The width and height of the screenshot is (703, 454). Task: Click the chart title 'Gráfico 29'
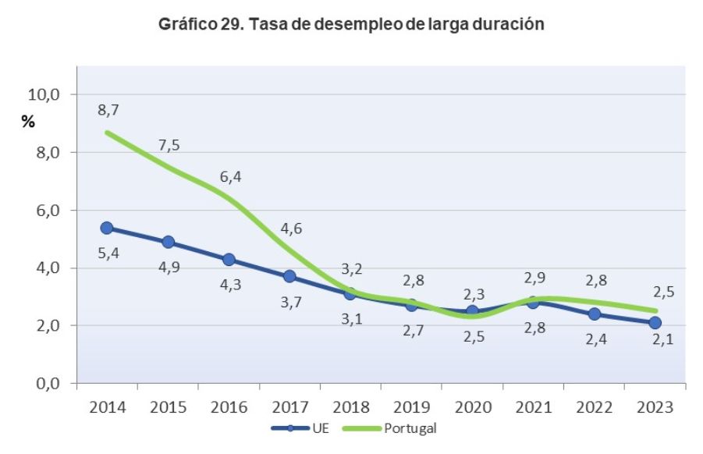pos(350,24)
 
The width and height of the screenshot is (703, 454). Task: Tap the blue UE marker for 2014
pos(107,228)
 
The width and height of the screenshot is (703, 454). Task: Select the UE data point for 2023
pos(655,323)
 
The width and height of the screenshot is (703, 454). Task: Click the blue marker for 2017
pos(289,276)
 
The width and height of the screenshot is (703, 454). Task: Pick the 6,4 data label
pos(231,177)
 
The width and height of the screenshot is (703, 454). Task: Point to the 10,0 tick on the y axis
pos(44,94)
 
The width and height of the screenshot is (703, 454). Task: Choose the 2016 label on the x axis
pos(229,407)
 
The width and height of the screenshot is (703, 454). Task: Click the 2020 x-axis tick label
pos(472,407)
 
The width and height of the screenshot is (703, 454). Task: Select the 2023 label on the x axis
pos(655,407)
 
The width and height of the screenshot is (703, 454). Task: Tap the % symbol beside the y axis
pos(28,122)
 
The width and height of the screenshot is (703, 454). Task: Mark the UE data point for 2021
pos(533,302)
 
